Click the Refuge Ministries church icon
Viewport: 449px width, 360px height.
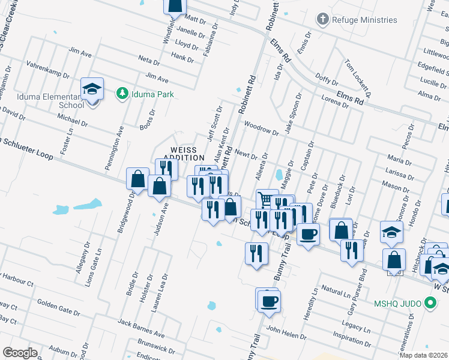click(323, 19)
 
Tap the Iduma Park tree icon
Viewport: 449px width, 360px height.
click(122, 93)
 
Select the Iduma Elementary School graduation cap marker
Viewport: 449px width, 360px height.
click(92, 89)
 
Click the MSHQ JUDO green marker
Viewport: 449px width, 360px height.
click(429, 304)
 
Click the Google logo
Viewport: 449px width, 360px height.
click(20, 352)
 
